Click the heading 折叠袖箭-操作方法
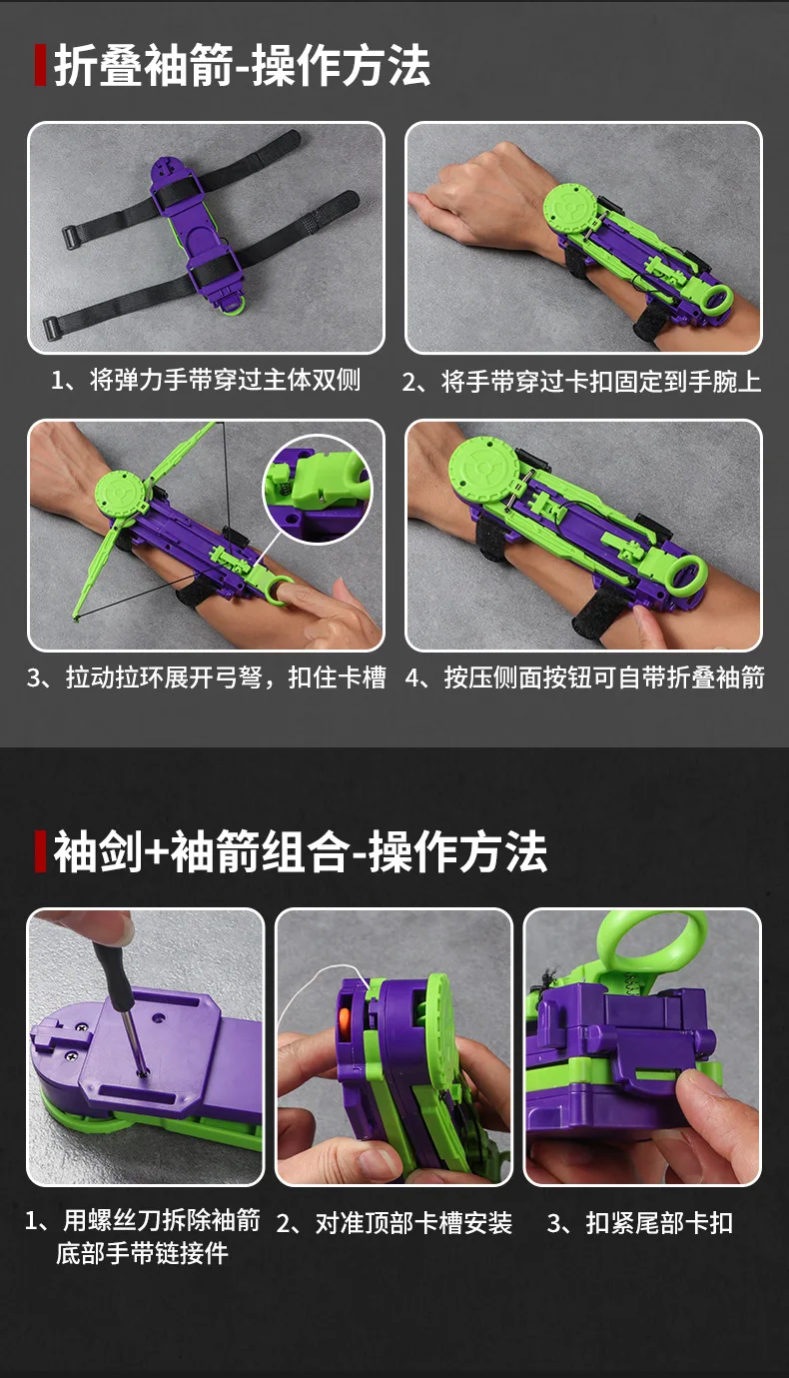(x=243, y=65)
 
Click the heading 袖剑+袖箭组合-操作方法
(x=300, y=852)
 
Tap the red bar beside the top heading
(x=40, y=65)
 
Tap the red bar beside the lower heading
(x=41, y=851)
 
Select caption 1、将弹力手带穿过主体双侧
(x=206, y=380)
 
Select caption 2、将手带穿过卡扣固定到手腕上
(x=581, y=382)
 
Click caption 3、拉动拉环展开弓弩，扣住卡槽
(x=207, y=678)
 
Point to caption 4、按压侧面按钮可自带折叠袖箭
(x=585, y=678)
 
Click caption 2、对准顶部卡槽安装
(x=394, y=1223)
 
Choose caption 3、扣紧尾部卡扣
(x=640, y=1223)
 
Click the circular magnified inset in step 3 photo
(x=318, y=489)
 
